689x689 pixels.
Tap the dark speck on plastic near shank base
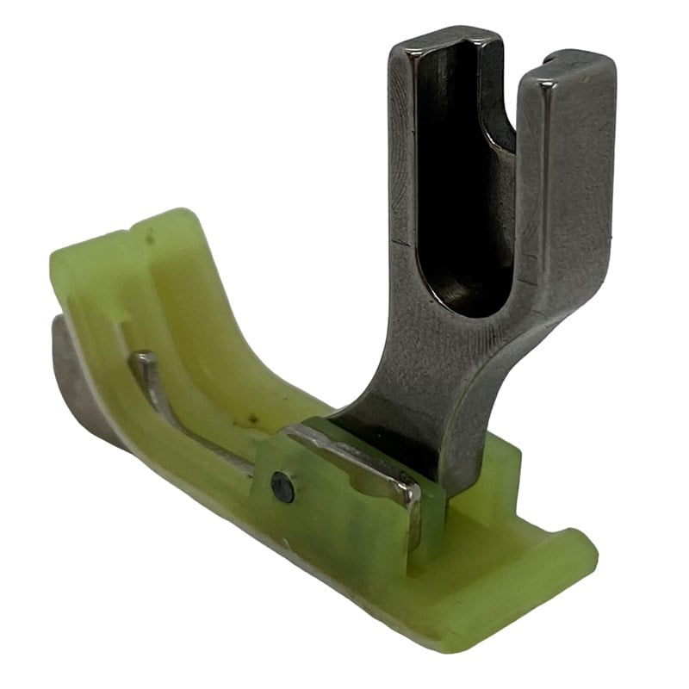[x=252, y=419]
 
